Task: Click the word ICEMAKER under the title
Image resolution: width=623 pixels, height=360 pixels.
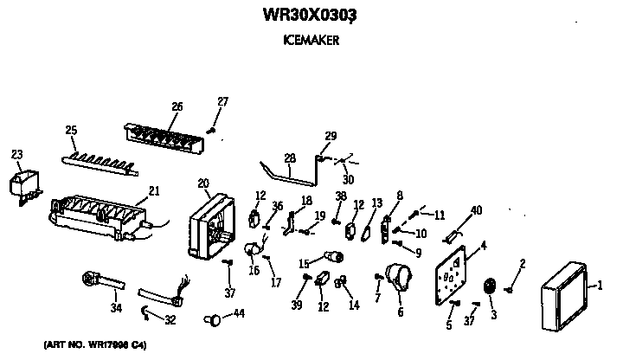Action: (309, 39)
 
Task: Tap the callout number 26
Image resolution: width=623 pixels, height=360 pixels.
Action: (177, 106)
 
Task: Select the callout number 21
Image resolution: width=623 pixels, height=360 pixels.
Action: (154, 190)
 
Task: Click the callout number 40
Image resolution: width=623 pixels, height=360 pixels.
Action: (476, 210)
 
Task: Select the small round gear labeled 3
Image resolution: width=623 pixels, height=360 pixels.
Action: (490, 288)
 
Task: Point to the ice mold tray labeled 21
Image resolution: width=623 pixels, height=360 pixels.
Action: (95, 215)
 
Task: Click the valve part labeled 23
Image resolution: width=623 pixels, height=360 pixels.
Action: (23, 186)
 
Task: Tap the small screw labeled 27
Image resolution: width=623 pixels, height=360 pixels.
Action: (210, 130)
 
